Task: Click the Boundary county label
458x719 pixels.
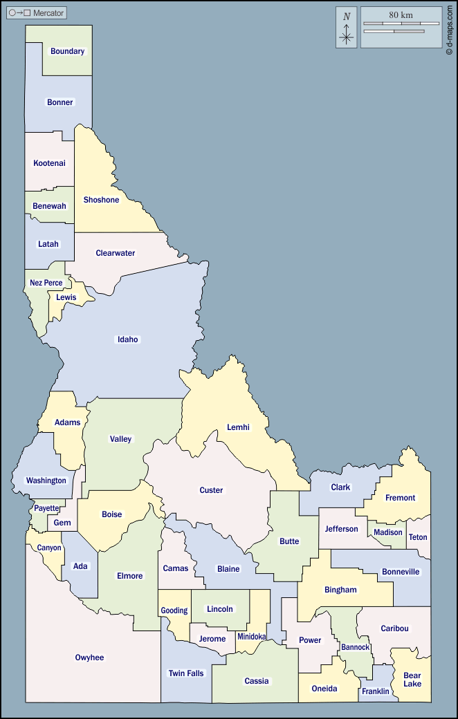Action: point(67,51)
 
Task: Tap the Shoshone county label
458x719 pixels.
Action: point(101,200)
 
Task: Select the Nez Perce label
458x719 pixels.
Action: point(46,283)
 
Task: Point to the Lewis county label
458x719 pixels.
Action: point(66,297)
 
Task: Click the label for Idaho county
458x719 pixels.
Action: point(128,339)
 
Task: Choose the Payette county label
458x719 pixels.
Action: point(47,508)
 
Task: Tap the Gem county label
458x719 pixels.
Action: point(62,523)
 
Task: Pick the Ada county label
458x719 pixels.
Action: point(81,566)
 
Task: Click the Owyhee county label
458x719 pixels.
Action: point(89,657)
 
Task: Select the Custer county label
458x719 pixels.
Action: point(211,490)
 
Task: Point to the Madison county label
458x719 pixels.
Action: point(388,532)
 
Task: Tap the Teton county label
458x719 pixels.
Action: point(418,537)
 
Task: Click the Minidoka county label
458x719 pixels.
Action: point(252,637)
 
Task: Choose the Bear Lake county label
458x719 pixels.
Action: point(412,680)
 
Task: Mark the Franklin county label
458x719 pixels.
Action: point(376,691)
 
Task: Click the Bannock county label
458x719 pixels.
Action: point(356,648)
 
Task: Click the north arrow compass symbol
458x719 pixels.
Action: point(347,28)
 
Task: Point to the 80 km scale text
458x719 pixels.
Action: point(401,15)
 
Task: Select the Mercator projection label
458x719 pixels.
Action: point(48,13)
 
